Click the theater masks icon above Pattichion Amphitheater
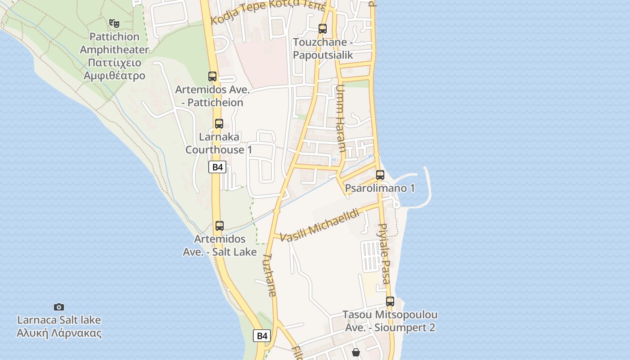tap(114, 22)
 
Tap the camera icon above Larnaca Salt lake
tap(59, 307)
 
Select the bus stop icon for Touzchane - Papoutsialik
tap(323, 29)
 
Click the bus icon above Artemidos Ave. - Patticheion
tap(212, 76)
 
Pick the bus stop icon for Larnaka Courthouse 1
tap(219, 123)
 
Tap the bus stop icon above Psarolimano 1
tap(380, 175)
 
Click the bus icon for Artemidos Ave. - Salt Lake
tap(220, 226)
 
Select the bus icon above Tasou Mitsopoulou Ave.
tap(390, 301)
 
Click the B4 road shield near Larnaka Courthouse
tap(217, 167)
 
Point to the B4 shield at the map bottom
tap(262, 336)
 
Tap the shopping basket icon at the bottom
tap(356, 352)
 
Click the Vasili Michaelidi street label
tap(320, 225)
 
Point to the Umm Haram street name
tap(341, 118)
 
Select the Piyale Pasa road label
tap(384, 254)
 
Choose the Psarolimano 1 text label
tap(380, 188)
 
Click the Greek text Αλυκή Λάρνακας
tap(59, 333)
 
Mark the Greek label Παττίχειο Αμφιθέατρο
tap(115, 69)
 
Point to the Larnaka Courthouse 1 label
tap(219, 143)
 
